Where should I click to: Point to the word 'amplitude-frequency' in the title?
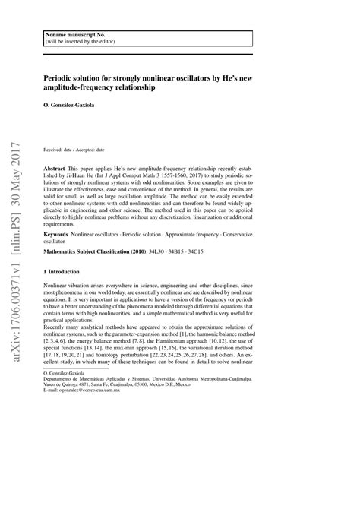pos(86,87)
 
